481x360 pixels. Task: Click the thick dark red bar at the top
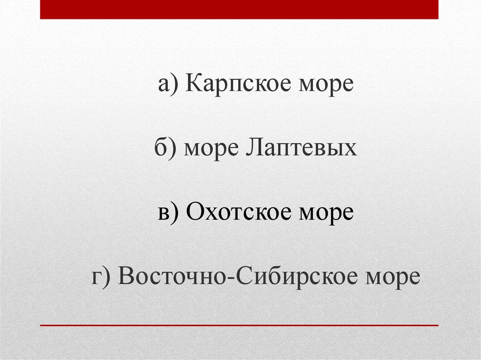point(239,9)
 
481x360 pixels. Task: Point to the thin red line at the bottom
point(239,325)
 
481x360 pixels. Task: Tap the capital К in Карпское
point(194,84)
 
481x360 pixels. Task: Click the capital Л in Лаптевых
point(254,148)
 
